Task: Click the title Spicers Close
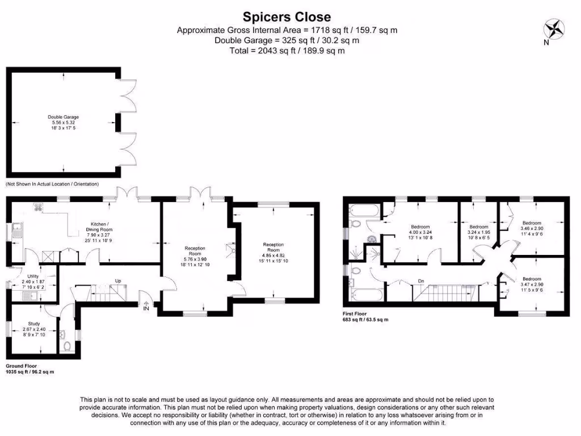point(287,16)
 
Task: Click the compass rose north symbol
point(553,28)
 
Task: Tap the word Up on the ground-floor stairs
point(117,281)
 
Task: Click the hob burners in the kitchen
point(39,207)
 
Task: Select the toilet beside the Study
point(68,346)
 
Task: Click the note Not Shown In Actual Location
point(52,184)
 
